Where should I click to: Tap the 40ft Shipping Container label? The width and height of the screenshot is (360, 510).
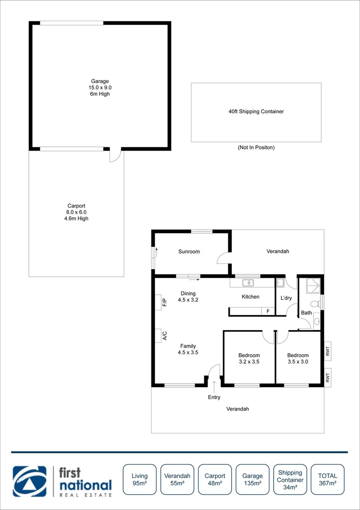coord(256,112)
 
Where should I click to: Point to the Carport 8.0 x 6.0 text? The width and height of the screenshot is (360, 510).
coord(76,212)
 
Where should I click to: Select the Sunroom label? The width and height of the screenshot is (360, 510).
coord(189,252)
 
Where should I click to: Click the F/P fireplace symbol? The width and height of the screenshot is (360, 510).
coord(159,302)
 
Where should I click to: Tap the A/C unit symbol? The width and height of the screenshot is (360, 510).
coord(159,336)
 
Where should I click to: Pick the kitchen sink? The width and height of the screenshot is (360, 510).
coord(248,283)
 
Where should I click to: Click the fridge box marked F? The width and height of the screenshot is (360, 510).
coord(268,311)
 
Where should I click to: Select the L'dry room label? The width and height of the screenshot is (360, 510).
coord(286,298)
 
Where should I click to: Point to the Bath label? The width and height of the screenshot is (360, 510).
coord(306,313)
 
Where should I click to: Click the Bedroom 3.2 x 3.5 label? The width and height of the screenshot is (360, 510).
coord(249,358)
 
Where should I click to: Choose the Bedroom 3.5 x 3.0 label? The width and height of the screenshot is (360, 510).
coord(298,358)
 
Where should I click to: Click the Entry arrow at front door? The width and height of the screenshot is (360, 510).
coord(214,386)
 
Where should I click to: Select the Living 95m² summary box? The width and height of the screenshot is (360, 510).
coord(140,479)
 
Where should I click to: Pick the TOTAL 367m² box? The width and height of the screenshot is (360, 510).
coord(327,479)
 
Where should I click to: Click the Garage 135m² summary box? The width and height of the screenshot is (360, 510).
coord(252,479)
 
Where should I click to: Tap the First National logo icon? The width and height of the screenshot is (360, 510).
coord(30,481)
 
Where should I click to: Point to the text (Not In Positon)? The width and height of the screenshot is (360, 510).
coord(256,147)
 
